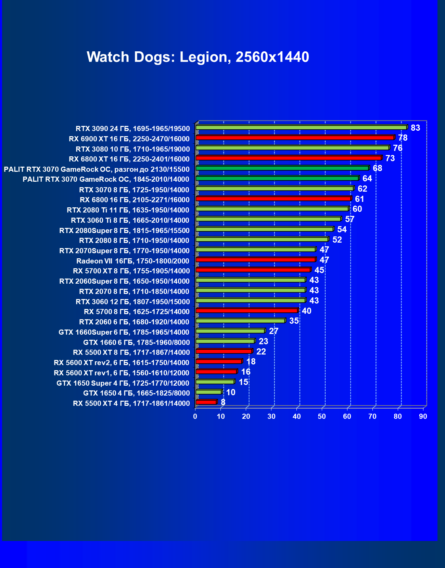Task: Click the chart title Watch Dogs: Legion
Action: click(198, 57)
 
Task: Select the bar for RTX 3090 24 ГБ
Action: click(301, 128)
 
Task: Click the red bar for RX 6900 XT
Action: click(295, 138)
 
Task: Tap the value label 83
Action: click(415, 128)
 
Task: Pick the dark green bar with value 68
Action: click(282, 168)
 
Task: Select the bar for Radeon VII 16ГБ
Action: click(256, 260)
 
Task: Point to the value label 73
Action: click(390, 158)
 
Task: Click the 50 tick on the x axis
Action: click(322, 416)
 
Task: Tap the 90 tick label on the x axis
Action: click(423, 416)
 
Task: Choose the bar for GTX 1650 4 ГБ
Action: click(209, 392)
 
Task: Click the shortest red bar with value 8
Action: click(206, 402)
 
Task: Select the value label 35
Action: click(294, 321)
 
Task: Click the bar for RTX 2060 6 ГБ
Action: click(240, 321)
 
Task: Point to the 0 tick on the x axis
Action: click(195, 416)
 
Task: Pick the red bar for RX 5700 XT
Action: click(253, 270)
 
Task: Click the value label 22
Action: click(261, 352)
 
